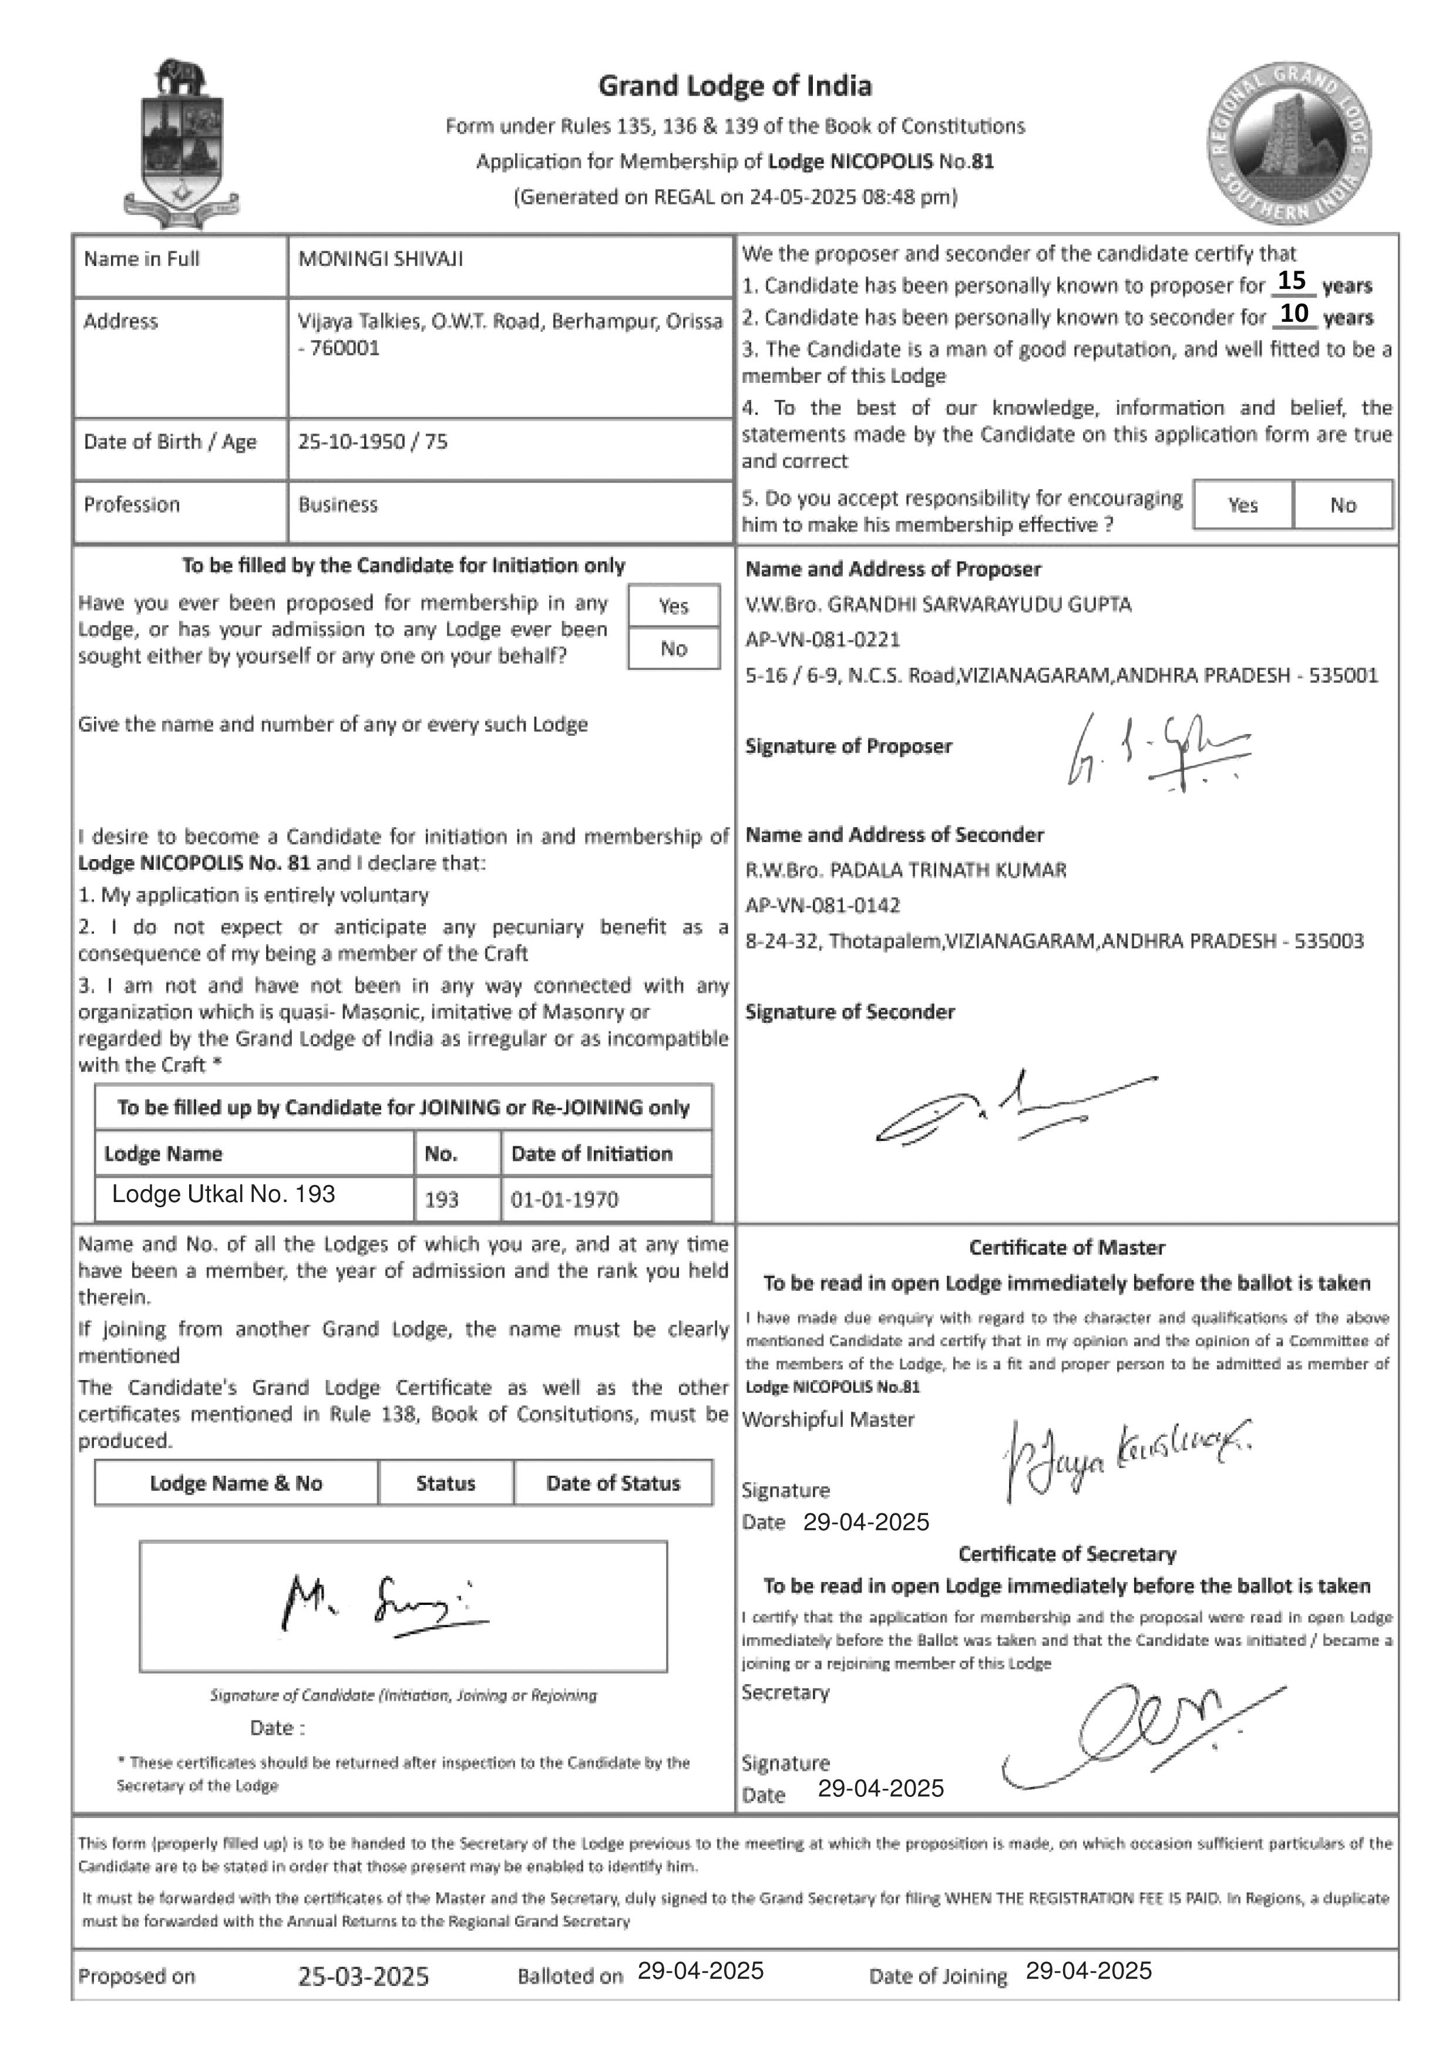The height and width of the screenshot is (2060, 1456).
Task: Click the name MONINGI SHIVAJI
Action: point(381,260)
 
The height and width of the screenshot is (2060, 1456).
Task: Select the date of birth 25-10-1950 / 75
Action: point(372,442)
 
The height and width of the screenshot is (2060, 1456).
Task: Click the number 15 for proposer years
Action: point(1291,281)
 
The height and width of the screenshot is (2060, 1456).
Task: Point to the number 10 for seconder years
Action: point(1294,313)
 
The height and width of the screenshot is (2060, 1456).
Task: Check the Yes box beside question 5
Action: point(1242,505)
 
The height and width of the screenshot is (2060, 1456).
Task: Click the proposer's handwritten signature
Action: point(1157,752)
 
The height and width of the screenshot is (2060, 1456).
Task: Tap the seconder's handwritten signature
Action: point(1014,1109)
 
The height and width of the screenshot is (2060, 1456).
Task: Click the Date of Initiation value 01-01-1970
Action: point(564,1200)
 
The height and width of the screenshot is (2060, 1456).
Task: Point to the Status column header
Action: point(445,1483)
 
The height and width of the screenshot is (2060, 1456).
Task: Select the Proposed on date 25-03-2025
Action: point(364,1977)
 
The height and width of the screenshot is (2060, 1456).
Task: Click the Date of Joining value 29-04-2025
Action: point(1088,1971)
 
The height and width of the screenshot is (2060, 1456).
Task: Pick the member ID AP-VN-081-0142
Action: point(823,906)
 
